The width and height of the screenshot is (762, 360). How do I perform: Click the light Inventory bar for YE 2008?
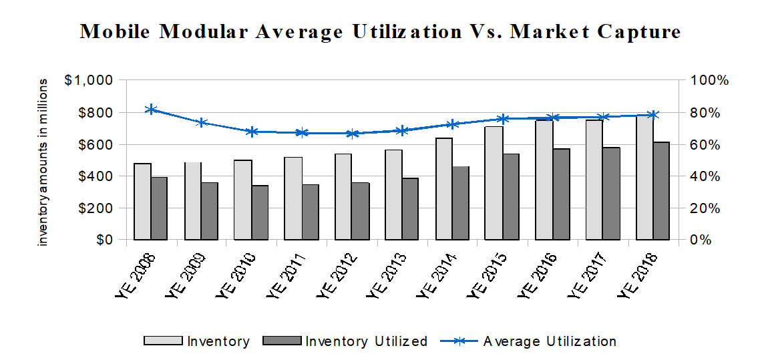[x=142, y=201]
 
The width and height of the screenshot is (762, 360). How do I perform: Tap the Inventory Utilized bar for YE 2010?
[x=259, y=212]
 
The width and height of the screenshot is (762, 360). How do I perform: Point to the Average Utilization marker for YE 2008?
[x=151, y=110]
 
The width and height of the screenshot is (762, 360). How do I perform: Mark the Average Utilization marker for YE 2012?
[x=352, y=133]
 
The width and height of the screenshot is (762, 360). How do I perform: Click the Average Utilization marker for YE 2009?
[x=201, y=122]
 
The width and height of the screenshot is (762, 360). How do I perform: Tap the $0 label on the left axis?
[x=101, y=240]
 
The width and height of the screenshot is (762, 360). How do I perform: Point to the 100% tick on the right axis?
[x=709, y=80]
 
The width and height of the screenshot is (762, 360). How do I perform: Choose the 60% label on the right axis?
[x=705, y=144]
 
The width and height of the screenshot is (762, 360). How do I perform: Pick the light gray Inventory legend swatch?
[x=162, y=341]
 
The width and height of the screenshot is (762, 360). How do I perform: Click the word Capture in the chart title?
[x=637, y=32]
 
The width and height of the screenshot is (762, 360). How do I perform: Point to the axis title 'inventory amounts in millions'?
[x=43, y=162]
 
